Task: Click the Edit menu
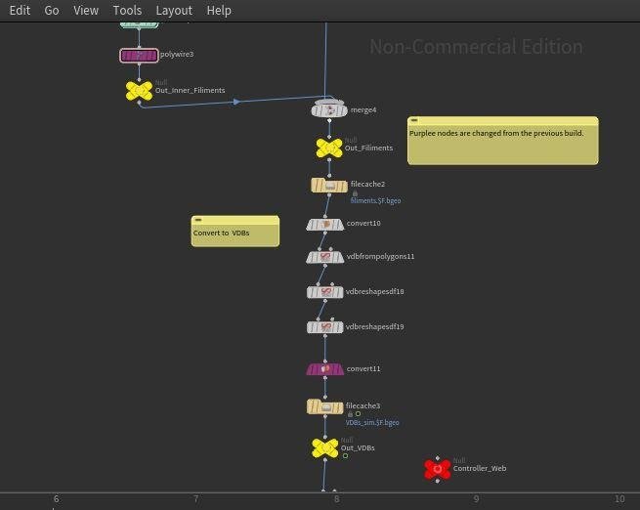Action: click(x=20, y=10)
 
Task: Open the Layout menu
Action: click(x=174, y=10)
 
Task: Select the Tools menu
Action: click(x=127, y=10)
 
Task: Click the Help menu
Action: click(x=219, y=10)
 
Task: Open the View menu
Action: click(x=86, y=10)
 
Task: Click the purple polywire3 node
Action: click(x=139, y=56)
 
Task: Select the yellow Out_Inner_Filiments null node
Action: click(x=139, y=91)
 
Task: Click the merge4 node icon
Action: click(x=329, y=110)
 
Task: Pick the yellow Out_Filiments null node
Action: click(x=329, y=148)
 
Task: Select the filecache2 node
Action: click(x=329, y=186)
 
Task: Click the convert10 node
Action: click(x=325, y=225)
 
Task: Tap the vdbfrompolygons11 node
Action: click(x=325, y=257)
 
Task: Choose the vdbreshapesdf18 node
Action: click(x=325, y=292)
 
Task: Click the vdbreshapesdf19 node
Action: click(x=325, y=327)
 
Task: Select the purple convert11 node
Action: click(x=325, y=369)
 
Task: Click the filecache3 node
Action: click(x=325, y=406)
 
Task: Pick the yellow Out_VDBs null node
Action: click(x=325, y=447)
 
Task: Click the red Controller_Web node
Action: click(x=438, y=469)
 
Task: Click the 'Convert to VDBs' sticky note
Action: click(x=235, y=233)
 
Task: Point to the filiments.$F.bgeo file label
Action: click(x=375, y=200)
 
